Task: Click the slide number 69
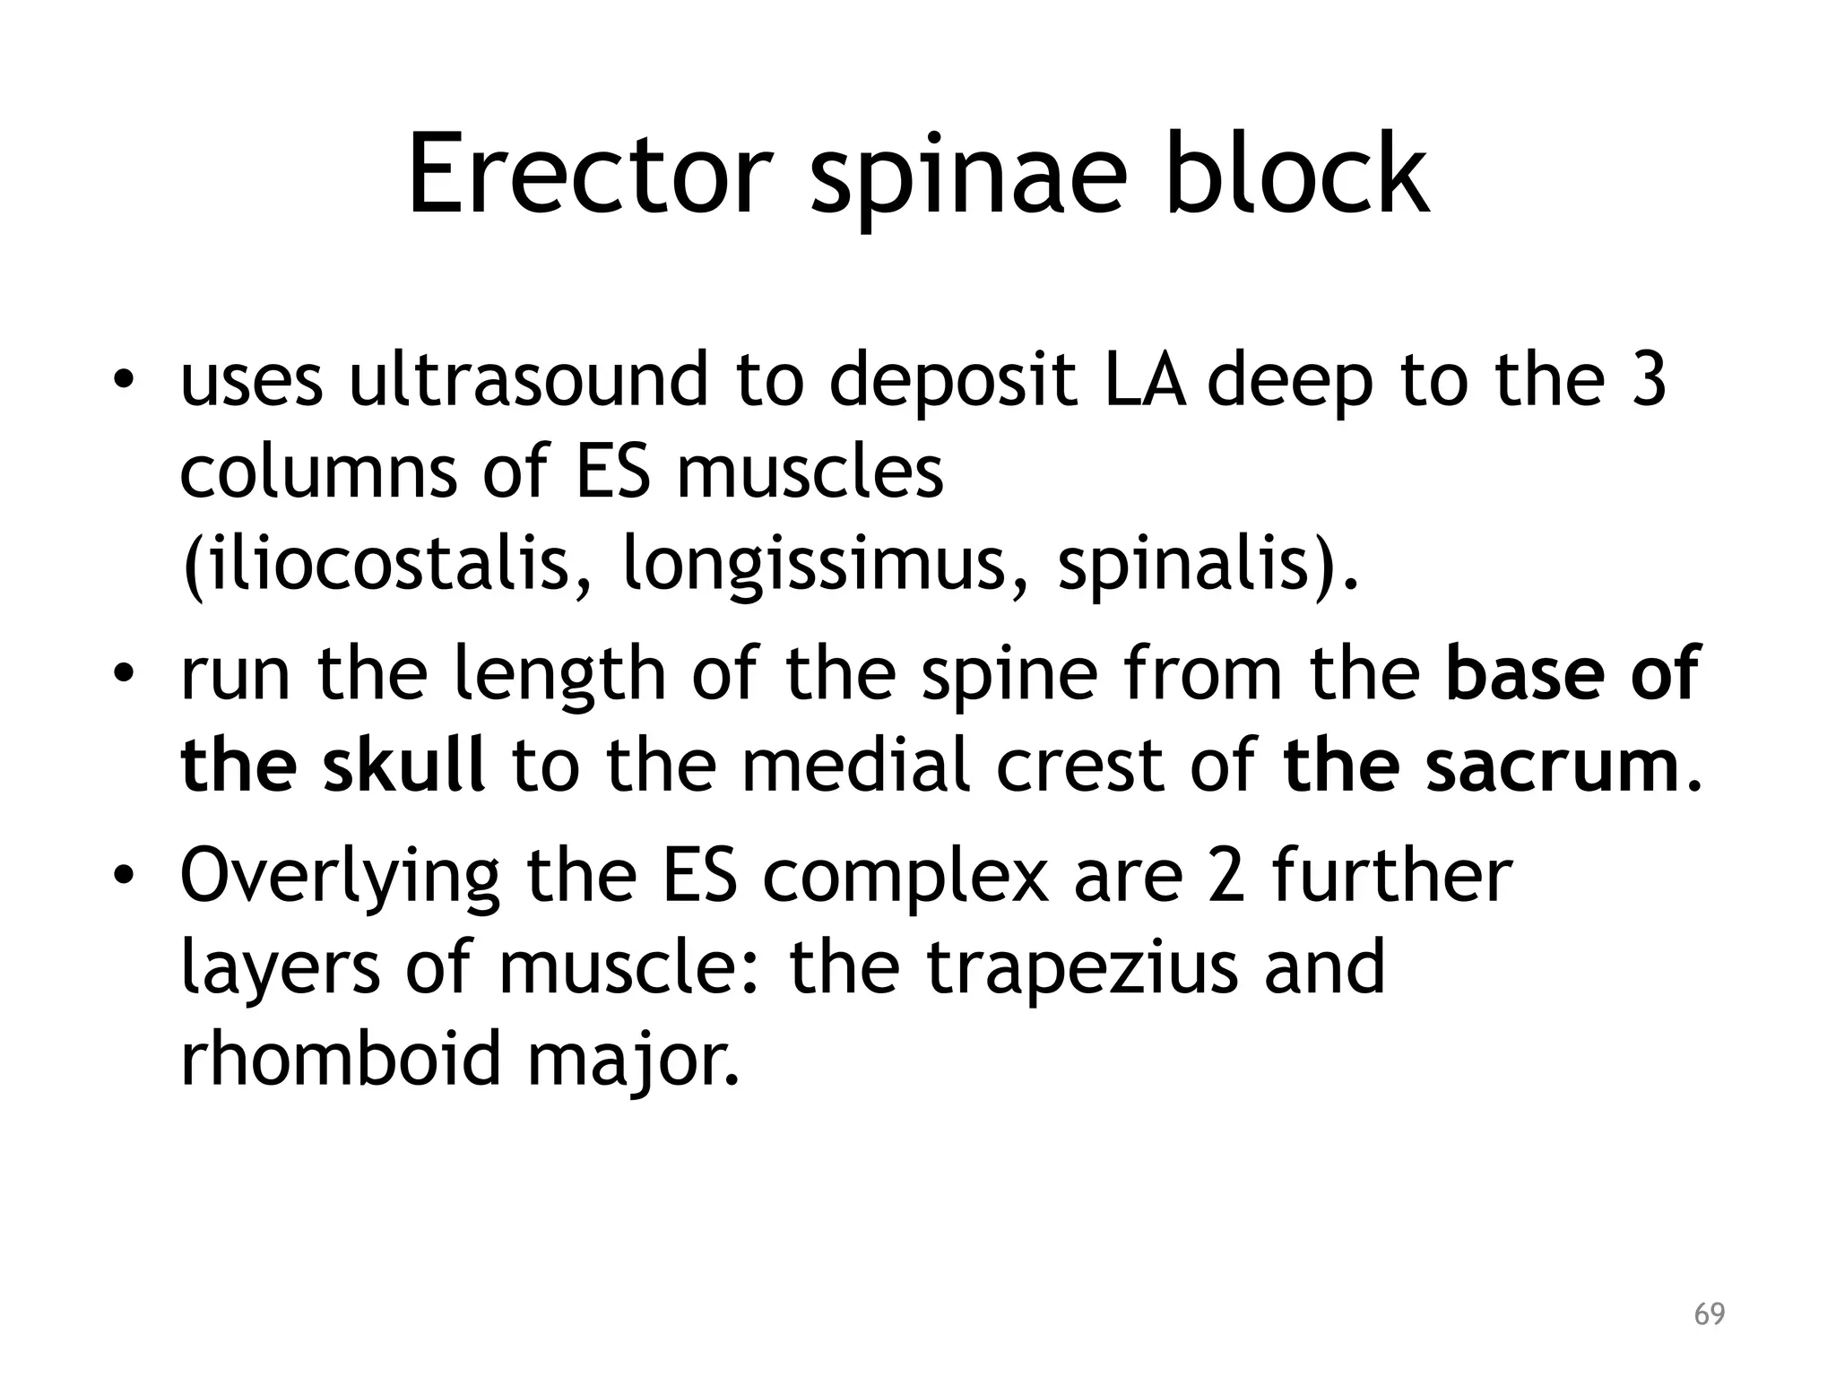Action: [x=1709, y=1314]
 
